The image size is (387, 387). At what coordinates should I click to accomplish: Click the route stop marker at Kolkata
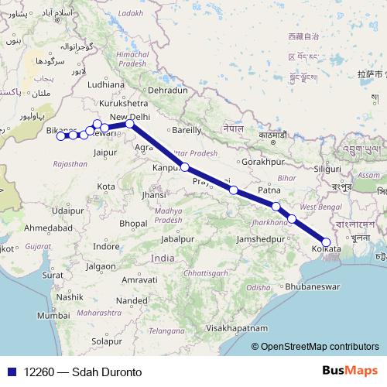[326, 242]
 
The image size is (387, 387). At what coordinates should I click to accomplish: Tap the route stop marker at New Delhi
[130, 123]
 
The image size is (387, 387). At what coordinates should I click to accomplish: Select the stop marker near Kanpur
[185, 166]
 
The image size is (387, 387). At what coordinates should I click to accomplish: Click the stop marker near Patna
[276, 206]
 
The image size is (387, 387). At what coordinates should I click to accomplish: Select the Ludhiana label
[107, 84]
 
